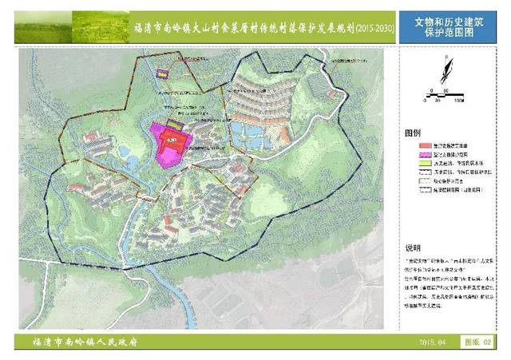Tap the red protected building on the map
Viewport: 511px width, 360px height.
(173, 141)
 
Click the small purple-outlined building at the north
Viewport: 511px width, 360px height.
(163, 73)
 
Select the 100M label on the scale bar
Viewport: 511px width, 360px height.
(459, 102)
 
